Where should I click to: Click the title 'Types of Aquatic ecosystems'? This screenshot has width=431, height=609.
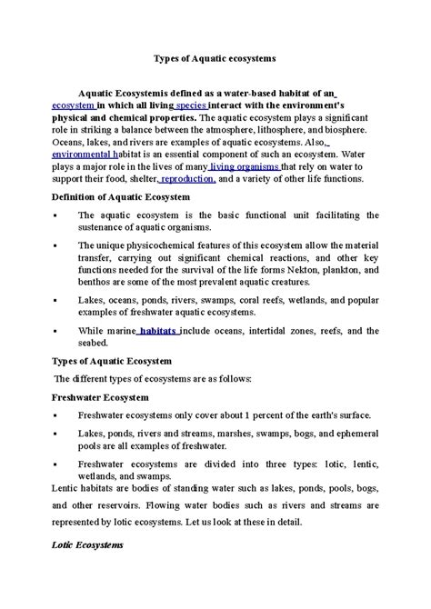click(215, 57)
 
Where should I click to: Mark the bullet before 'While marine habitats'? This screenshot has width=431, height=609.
click(56, 332)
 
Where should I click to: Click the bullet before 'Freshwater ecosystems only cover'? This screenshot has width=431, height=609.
click(56, 415)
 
